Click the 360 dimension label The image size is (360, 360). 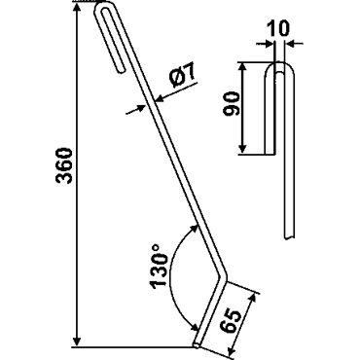tap(64, 165)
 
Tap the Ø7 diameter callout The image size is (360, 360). tap(182, 75)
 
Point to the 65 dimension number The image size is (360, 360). tap(231, 321)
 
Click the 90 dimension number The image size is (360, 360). tap(232, 103)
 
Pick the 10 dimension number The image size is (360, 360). tap(278, 29)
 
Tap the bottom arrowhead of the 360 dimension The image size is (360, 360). tap(77, 342)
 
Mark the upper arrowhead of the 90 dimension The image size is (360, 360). tap(242, 68)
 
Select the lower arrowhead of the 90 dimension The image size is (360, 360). tap(242, 148)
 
